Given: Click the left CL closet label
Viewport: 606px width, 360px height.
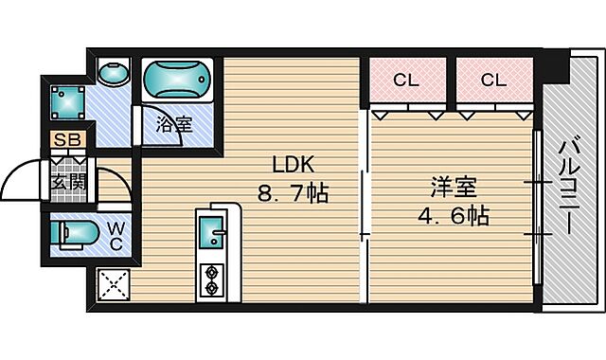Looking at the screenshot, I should pos(405,81).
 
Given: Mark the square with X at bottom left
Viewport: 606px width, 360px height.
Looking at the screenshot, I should pos(113,284).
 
